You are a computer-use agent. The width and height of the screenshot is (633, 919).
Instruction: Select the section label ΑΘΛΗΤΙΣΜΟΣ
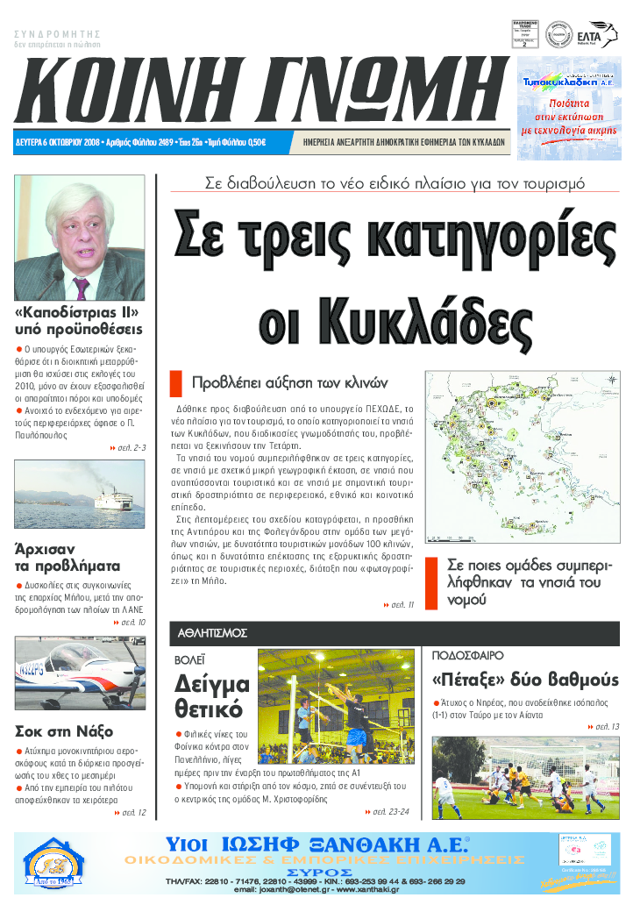click(213, 632)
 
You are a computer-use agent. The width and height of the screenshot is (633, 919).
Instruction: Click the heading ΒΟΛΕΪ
click(190, 657)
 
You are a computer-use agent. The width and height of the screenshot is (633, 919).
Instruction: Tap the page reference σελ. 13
click(603, 727)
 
